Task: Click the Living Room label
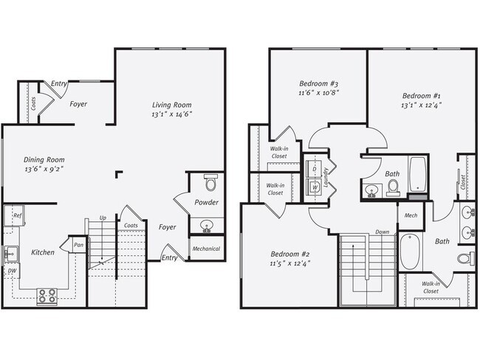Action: (x=172, y=104)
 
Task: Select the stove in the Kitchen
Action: (x=47, y=296)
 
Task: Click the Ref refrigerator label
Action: (x=17, y=215)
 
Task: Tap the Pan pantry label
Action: (x=78, y=244)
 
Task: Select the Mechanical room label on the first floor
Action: (x=206, y=249)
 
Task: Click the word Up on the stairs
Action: (x=103, y=218)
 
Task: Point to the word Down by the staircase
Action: (x=383, y=231)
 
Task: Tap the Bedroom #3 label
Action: (x=318, y=83)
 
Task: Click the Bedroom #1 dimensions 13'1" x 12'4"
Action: (x=422, y=107)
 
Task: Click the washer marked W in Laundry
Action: (x=315, y=187)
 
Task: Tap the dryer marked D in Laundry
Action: (x=315, y=169)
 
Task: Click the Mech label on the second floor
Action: (x=410, y=215)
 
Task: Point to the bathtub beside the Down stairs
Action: (x=409, y=253)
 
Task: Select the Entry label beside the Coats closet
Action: (x=59, y=84)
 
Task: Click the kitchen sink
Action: (x=10, y=253)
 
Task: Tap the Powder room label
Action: (x=206, y=202)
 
